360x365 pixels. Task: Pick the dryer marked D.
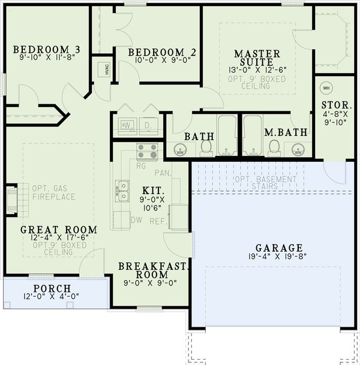point(146,126)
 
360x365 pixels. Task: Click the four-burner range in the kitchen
point(146,152)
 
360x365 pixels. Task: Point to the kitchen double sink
point(123,190)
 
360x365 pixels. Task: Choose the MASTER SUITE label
point(257,58)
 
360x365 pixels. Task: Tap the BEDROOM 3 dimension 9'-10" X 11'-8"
point(47,59)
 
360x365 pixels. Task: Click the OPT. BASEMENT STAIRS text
point(265,183)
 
